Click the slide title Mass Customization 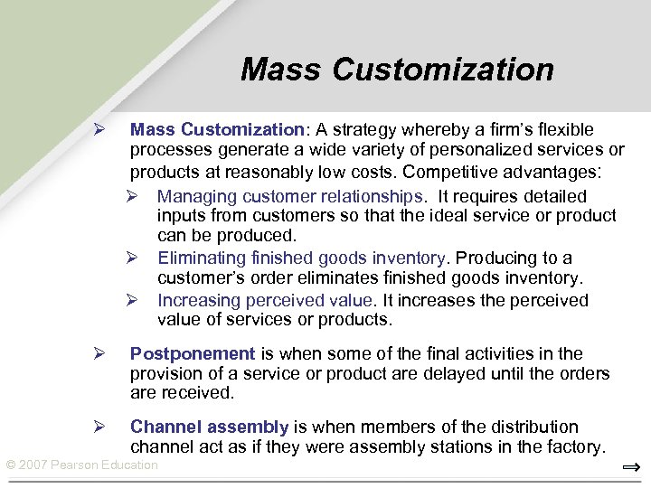tap(397, 70)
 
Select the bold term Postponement tap(193, 353)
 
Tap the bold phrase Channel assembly tap(209, 427)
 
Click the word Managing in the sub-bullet tap(193, 196)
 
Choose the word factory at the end tap(572, 446)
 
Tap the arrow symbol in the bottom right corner tap(631, 467)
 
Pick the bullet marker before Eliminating tap(130, 258)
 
